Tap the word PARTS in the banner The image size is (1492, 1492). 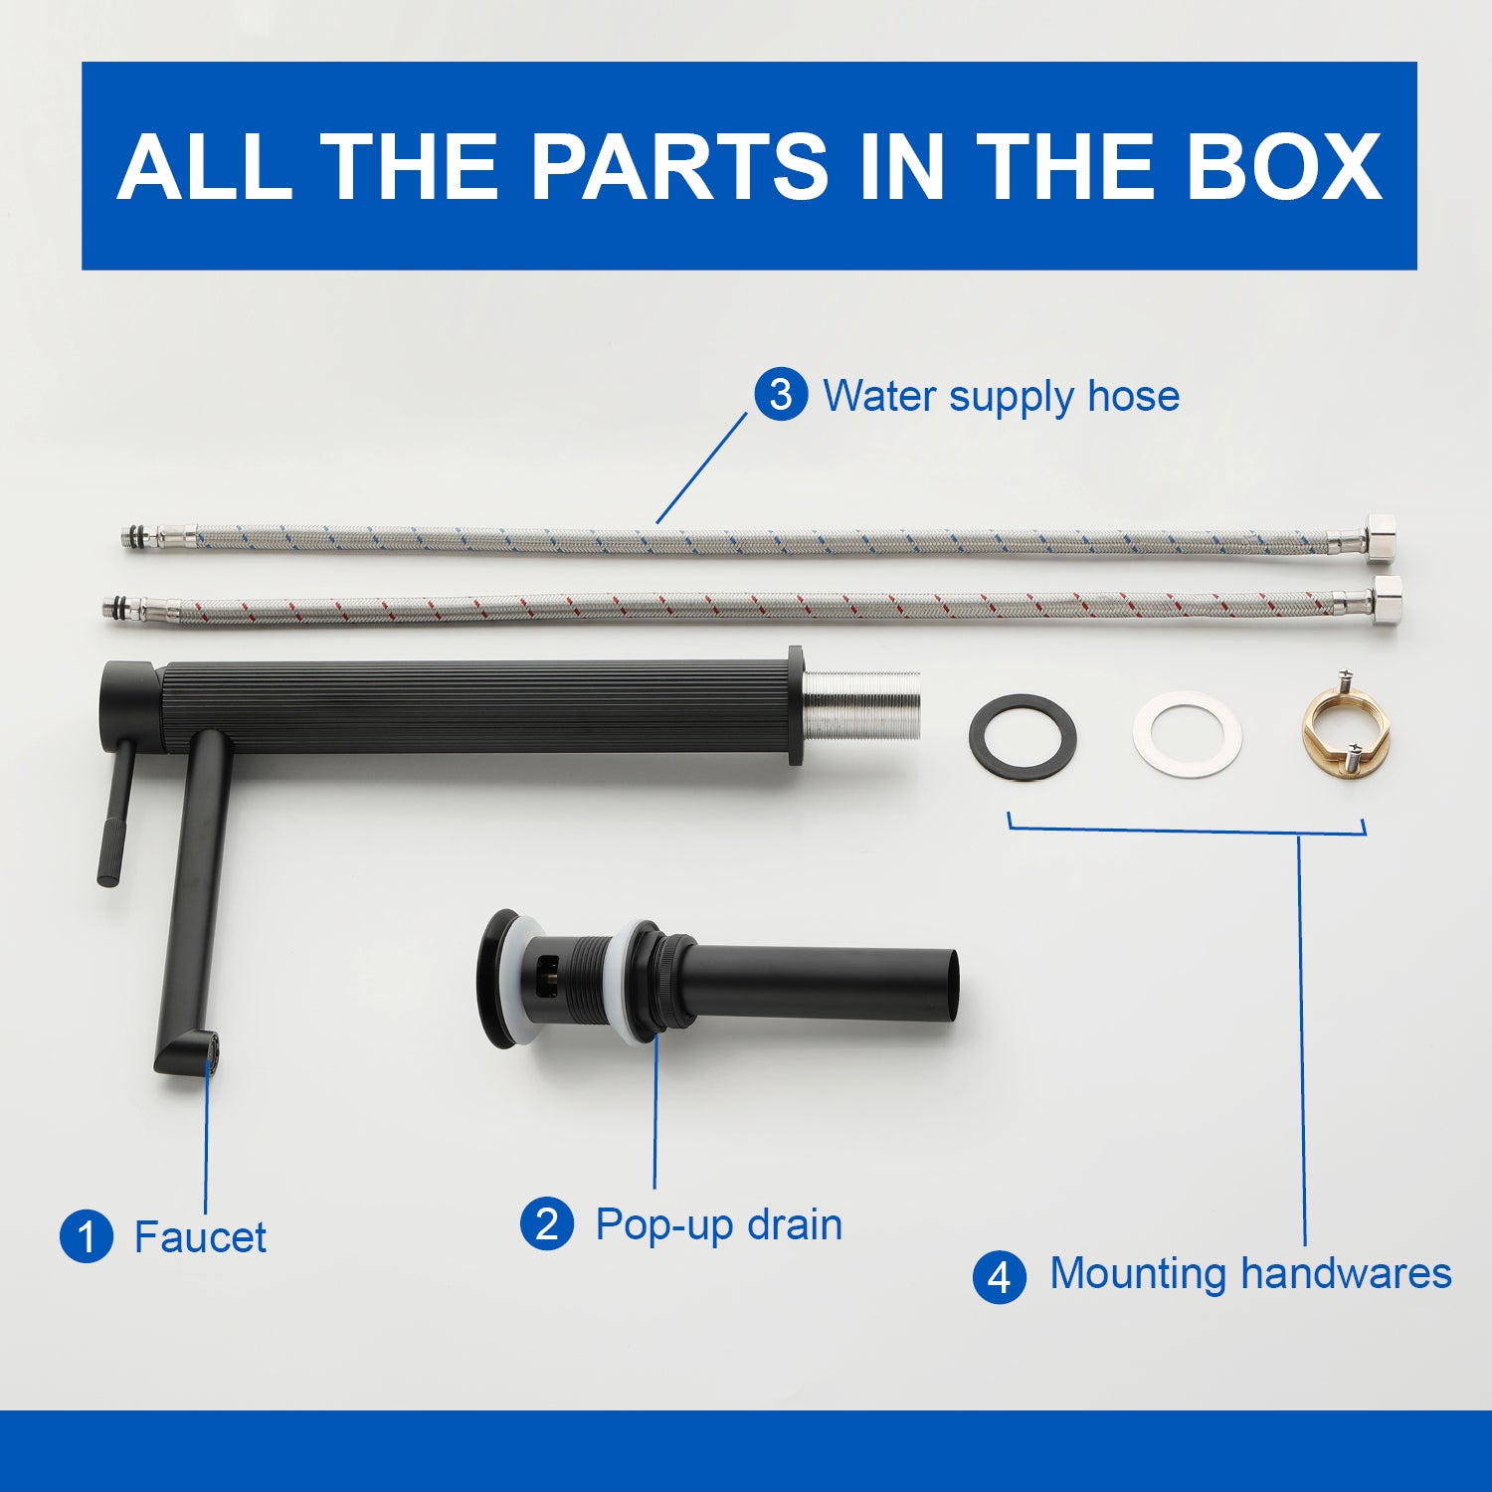point(679,166)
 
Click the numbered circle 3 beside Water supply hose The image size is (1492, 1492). point(781,394)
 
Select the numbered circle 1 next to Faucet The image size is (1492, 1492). point(87,1236)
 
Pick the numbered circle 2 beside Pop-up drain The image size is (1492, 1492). point(547,1223)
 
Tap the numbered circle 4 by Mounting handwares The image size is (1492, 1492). point(1000,1276)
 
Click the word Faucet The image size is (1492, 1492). point(200,1237)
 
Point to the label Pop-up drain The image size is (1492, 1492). point(718,1224)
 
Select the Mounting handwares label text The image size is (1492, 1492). point(1250,1273)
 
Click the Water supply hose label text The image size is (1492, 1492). point(1001,396)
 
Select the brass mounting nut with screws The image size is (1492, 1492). point(1341,726)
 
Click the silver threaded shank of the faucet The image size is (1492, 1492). point(861,705)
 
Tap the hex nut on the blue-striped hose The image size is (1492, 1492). point(1383,536)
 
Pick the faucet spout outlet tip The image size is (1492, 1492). point(210,1054)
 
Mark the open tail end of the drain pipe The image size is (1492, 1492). point(952,985)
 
